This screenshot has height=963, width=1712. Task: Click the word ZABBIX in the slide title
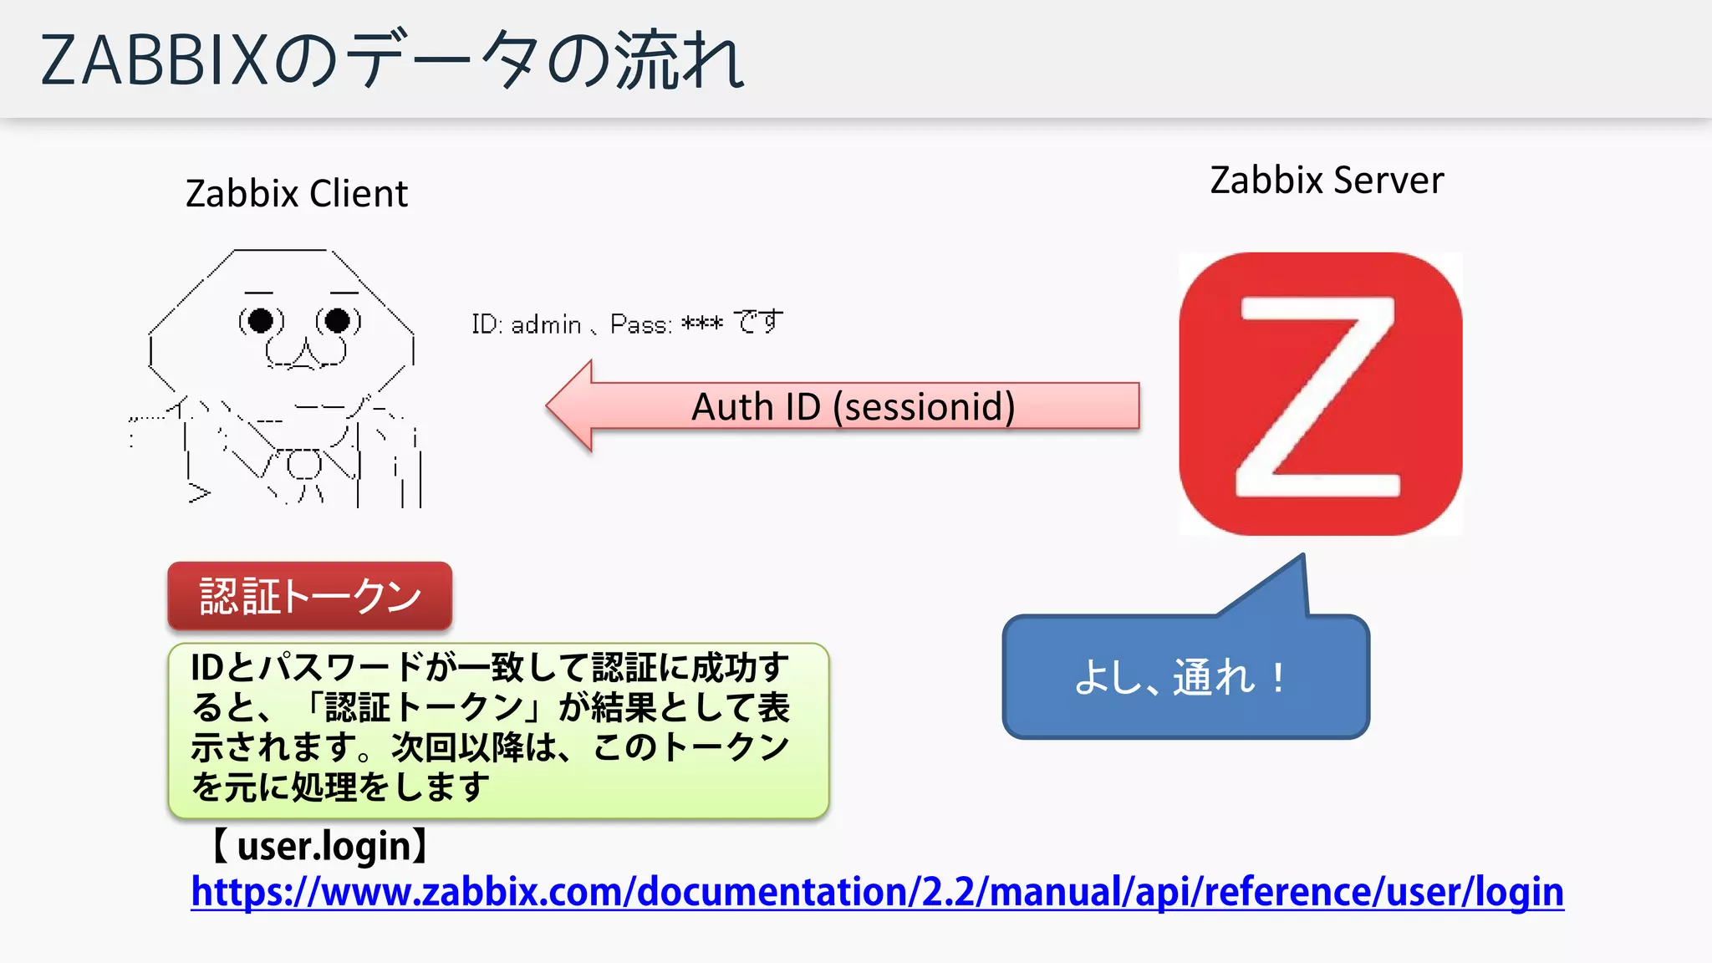pos(155,60)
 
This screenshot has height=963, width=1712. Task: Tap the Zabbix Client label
pos(297,194)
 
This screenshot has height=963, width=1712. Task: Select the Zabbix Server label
pos(1327,181)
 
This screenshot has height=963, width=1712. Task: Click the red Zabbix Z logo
pos(1320,394)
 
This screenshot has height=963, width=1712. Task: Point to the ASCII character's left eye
pos(261,320)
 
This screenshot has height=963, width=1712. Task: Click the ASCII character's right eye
pos(338,320)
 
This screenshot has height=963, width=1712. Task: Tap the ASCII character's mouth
pos(306,355)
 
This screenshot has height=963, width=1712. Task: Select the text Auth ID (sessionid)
pos(853,407)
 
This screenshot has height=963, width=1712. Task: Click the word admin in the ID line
pos(546,324)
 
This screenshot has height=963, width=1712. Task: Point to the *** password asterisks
pos(701,324)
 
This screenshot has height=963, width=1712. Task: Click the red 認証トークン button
pos(310,596)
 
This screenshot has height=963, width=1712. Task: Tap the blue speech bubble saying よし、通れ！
pos(1185,677)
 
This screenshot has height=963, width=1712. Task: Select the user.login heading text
pos(322,846)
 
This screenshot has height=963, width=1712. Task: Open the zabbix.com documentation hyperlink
pos(877,892)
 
